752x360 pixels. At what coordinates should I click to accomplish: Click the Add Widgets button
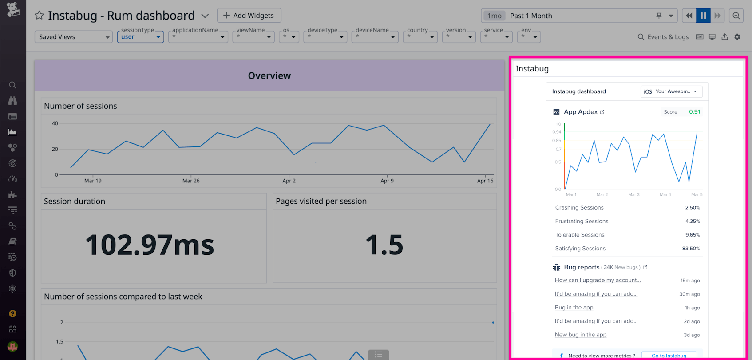click(249, 16)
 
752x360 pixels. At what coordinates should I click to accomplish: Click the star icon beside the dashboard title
click(39, 16)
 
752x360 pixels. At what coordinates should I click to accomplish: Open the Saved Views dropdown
click(73, 37)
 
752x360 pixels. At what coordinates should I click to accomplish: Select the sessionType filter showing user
click(140, 37)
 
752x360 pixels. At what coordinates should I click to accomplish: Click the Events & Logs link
click(663, 37)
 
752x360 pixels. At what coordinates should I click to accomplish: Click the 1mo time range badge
click(495, 16)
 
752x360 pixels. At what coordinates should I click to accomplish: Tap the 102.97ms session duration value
click(150, 245)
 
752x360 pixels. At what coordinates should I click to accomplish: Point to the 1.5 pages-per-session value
click(384, 245)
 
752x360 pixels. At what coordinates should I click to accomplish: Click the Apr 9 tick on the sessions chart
click(387, 181)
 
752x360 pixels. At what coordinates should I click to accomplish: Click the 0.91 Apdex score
click(694, 112)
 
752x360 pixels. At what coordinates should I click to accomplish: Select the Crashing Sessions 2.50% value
click(692, 208)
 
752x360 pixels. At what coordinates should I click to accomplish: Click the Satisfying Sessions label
click(580, 249)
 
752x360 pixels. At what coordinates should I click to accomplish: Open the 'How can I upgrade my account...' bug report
click(598, 280)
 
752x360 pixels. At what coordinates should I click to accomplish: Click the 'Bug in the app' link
click(574, 308)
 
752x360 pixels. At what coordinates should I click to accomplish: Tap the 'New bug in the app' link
click(580, 335)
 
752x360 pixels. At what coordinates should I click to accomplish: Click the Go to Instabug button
click(669, 356)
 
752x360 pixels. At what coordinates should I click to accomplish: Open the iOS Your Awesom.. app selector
click(671, 91)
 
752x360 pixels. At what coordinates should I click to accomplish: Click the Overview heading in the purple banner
click(269, 76)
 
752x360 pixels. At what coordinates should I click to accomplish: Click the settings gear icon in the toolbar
click(737, 37)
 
